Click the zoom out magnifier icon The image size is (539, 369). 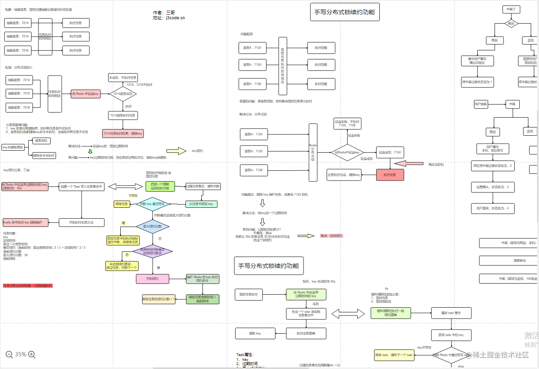click(9, 354)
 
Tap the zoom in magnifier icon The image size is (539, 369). click(32, 354)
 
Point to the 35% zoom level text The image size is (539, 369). click(20, 354)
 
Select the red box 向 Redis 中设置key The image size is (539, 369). click(85, 94)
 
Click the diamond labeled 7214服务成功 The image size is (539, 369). click(123, 94)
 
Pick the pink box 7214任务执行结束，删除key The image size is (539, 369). click(123, 133)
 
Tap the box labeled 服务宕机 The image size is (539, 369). click(41, 140)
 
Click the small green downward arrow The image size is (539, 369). click(90, 151)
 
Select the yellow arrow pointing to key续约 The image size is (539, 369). click(176, 151)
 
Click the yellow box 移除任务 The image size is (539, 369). click(121, 204)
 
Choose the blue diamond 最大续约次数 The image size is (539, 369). click(152, 226)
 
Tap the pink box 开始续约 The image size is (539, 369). click(152, 279)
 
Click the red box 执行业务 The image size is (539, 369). click(390, 175)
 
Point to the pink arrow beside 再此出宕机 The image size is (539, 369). click(408, 163)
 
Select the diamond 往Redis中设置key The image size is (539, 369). click(347, 152)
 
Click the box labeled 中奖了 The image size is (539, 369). click(511, 9)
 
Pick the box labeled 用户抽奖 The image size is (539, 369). click(480, 104)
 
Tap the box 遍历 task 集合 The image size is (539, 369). click(451, 313)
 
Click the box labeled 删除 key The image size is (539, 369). click(255, 333)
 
